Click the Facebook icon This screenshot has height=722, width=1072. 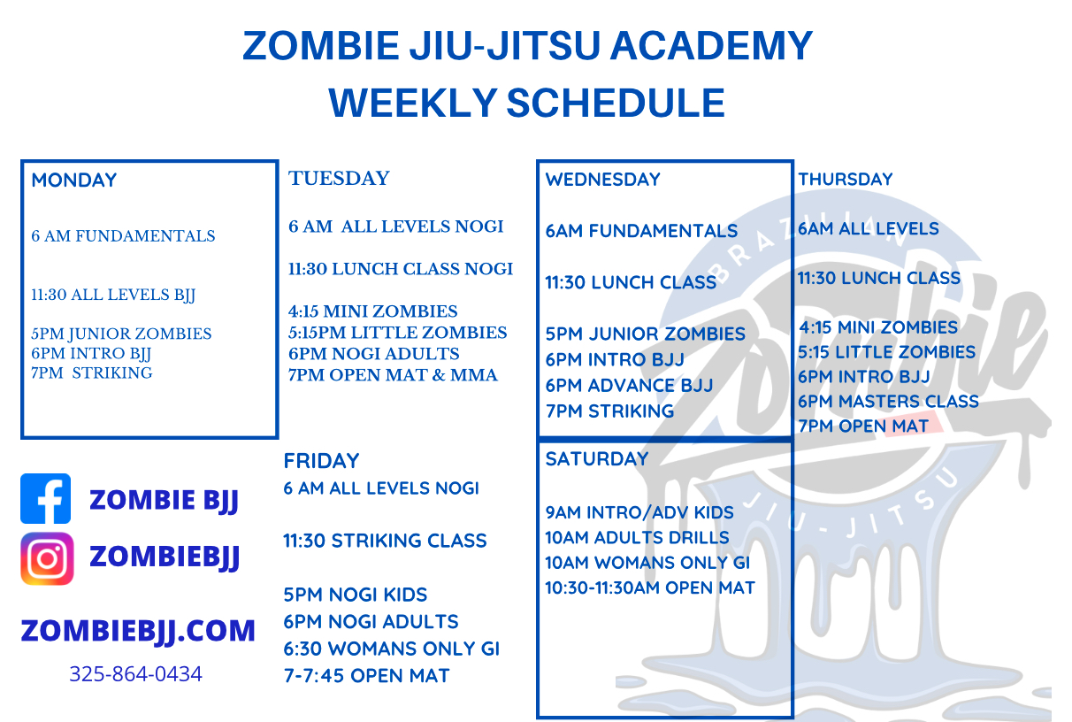pyautogui.click(x=46, y=499)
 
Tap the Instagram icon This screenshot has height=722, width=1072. pyautogui.click(x=47, y=558)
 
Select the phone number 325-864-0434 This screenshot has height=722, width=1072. pyautogui.click(x=135, y=674)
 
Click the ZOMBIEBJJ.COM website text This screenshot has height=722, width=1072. pyautogui.click(x=138, y=631)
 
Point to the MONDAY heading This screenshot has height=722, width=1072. pyautogui.click(x=74, y=180)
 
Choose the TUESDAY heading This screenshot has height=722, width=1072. pyautogui.click(x=339, y=179)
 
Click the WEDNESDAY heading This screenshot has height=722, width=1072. pyautogui.click(x=602, y=180)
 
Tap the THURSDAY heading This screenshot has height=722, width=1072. pyautogui.click(x=845, y=180)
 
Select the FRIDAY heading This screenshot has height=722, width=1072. pyautogui.click(x=321, y=461)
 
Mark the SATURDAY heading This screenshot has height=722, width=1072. pyautogui.click(x=597, y=459)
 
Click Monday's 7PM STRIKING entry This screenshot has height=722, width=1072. pyautogui.click(x=92, y=373)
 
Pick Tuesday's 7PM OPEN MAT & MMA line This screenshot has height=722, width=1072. pyautogui.click(x=393, y=375)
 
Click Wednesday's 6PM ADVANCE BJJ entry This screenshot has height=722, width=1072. pyautogui.click(x=629, y=386)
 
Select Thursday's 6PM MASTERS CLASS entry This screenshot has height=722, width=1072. pyautogui.click(x=888, y=402)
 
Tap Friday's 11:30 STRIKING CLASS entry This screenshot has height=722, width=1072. pyautogui.click(x=385, y=541)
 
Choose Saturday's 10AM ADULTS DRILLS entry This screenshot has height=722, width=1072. pyautogui.click(x=637, y=537)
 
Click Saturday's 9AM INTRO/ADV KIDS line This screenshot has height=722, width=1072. pyautogui.click(x=639, y=512)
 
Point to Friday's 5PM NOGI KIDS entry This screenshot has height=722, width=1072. pyautogui.click(x=356, y=595)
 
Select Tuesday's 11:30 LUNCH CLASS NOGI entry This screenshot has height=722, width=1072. pyautogui.click(x=401, y=269)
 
